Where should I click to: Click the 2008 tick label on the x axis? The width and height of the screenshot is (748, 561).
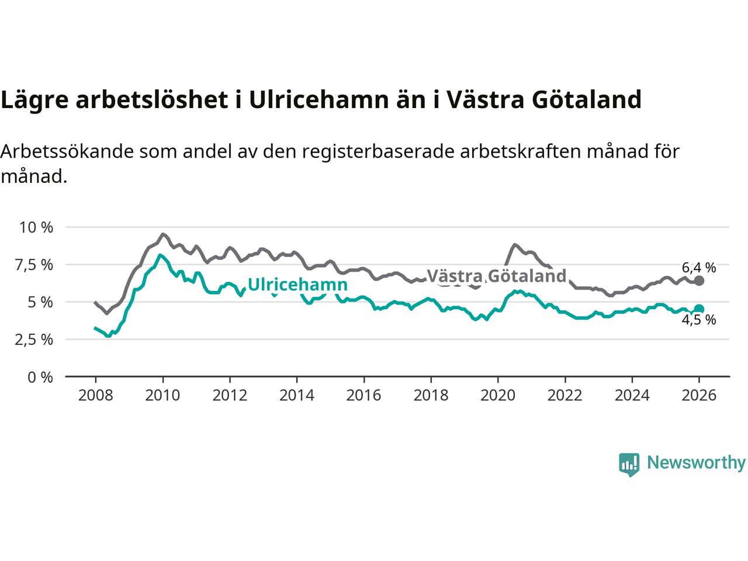[x=95, y=396]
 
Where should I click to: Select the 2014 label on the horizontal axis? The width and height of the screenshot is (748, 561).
[x=297, y=396]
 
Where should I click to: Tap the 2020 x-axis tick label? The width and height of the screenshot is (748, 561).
[x=498, y=396]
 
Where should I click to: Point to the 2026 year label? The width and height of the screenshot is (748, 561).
[x=699, y=396]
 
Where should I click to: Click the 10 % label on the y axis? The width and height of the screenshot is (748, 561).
[x=36, y=227]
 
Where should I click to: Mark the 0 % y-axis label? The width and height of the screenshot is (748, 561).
[x=40, y=377]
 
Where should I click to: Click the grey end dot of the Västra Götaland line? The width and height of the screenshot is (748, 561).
[x=699, y=281]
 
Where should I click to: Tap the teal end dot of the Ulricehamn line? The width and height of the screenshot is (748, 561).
[x=699, y=309]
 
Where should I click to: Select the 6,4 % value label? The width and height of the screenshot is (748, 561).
[x=699, y=268]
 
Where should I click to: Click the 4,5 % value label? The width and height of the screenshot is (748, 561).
[x=699, y=320]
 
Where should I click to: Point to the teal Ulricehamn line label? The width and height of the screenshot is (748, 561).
[x=297, y=285]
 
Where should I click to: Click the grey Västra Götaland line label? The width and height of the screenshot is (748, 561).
[x=497, y=276]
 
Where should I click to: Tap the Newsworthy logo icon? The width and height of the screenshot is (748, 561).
[x=629, y=464]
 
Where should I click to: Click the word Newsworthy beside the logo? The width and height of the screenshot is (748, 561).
[x=696, y=463]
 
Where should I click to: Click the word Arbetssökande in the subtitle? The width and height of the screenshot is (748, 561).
[x=68, y=151]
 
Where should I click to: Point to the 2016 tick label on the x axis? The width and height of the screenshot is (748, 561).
[x=363, y=396]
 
